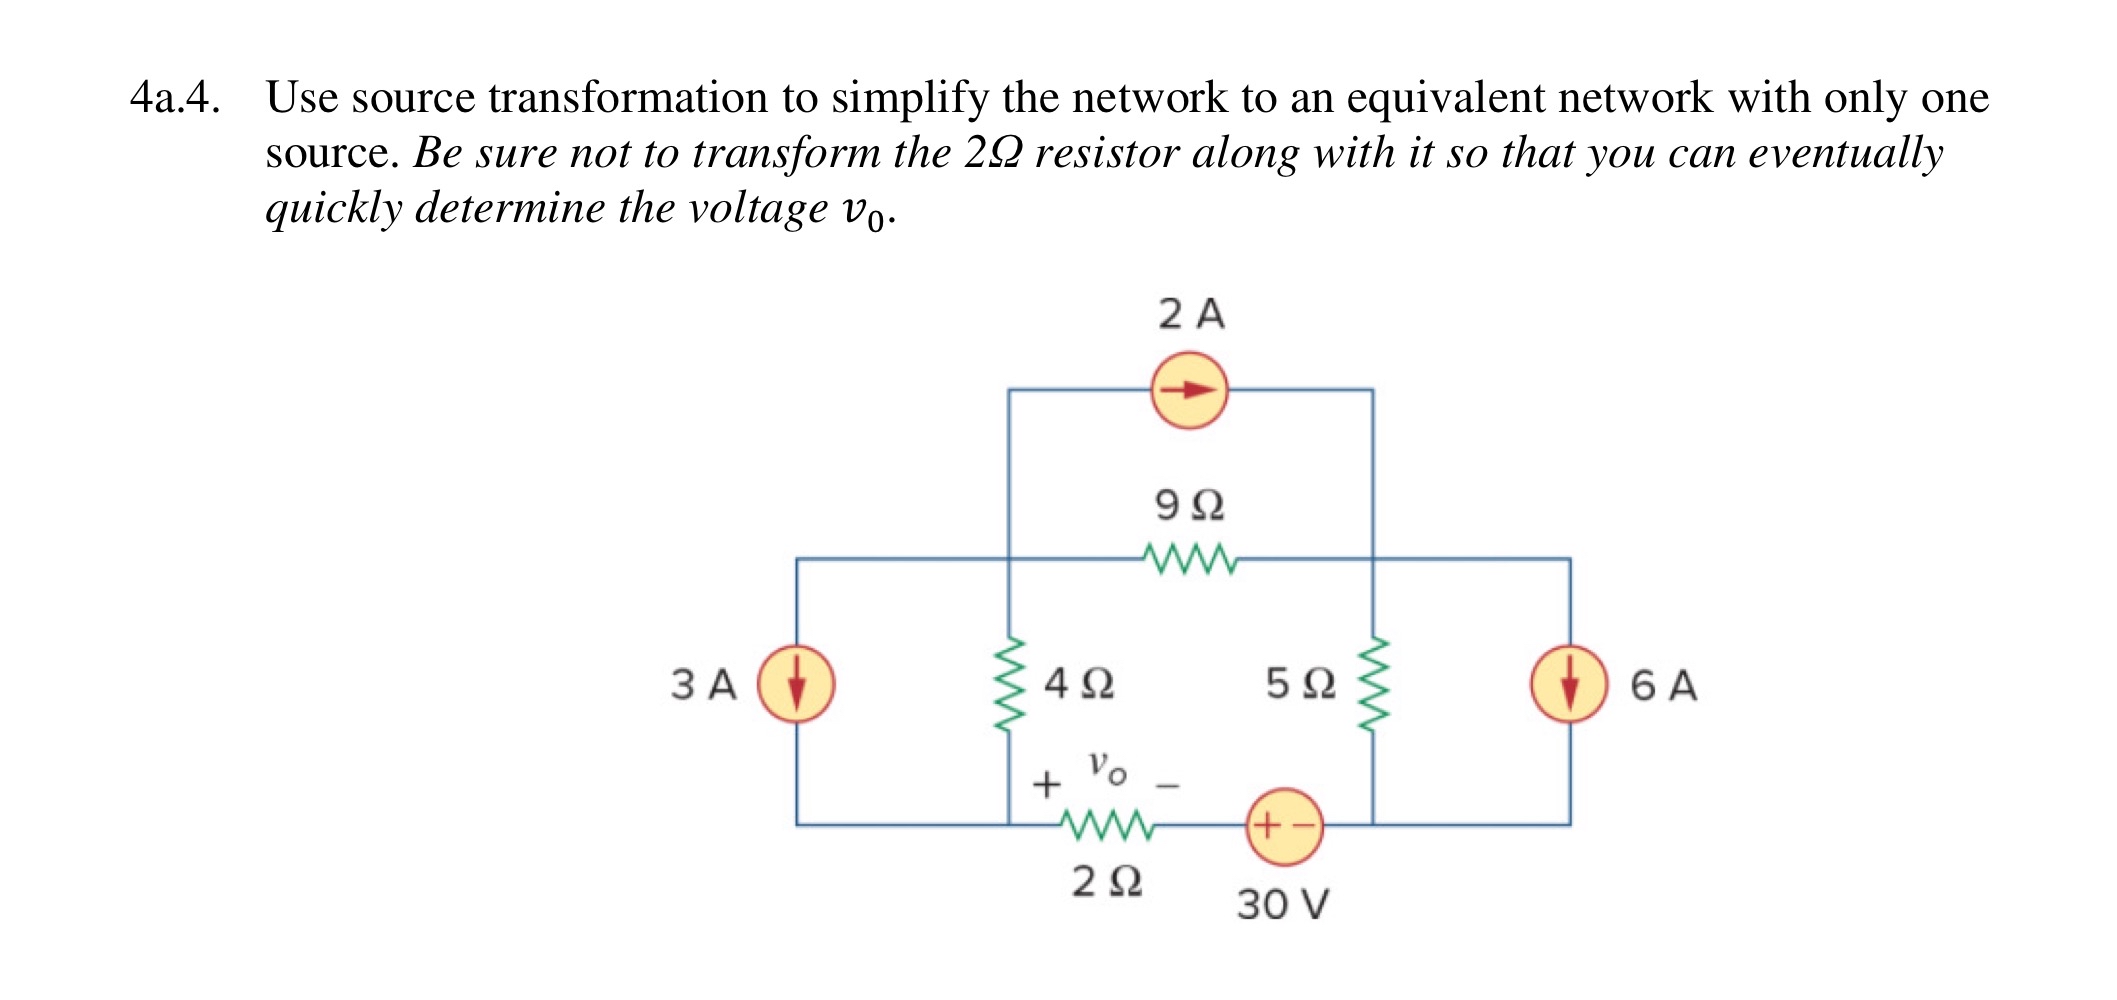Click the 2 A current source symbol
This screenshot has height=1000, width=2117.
(1189, 390)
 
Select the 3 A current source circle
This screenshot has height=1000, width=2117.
(796, 684)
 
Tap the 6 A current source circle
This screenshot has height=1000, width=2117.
(1569, 684)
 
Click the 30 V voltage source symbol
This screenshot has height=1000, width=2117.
(1284, 826)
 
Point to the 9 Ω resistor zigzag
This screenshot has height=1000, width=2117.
(1189, 560)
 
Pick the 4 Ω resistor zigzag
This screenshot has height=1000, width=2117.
(1009, 684)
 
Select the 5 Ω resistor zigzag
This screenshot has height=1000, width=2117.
(1373, 684)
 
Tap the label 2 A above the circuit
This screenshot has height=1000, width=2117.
(1191, 314)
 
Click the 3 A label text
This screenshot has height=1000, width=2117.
(703, 685)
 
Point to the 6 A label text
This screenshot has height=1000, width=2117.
(1663, 686)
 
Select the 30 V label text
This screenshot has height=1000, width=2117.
(1283, 904)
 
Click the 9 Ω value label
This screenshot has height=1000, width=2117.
(1189, 505)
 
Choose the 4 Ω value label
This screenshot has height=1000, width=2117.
(1078, 684)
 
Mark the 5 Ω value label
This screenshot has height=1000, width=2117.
(1300, 684)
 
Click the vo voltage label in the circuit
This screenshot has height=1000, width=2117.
(1107, 768)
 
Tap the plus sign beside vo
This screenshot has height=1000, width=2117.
(1046, 784)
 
